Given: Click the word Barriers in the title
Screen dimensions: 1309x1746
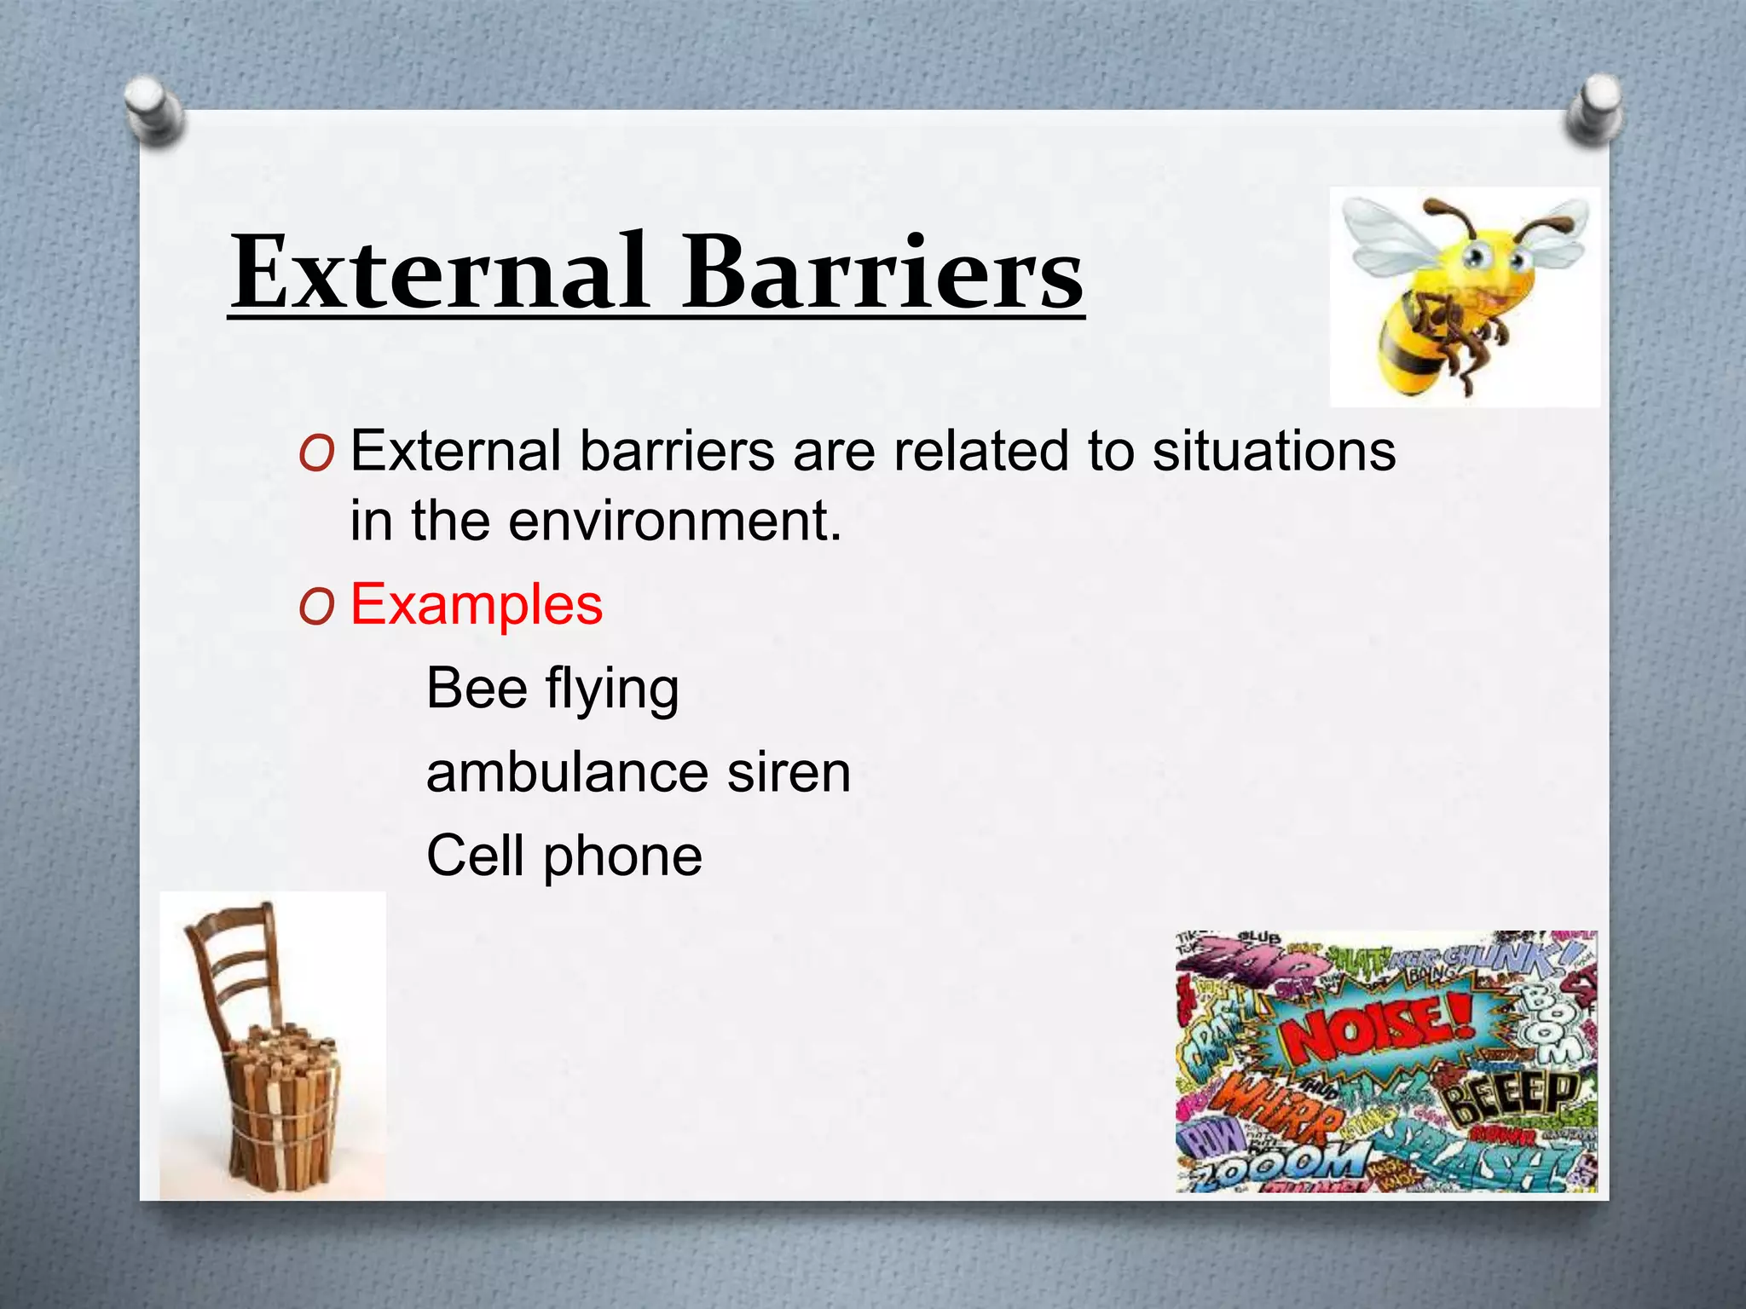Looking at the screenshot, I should [x=882, y=273].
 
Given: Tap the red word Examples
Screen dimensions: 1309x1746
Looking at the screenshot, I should [x=477, y=605].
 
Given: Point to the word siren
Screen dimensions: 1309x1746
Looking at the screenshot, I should [x=789, y=773].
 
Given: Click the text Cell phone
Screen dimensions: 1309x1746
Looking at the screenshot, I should [x=564, y=856].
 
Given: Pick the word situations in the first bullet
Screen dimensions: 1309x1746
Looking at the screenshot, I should [x=1274, y=451].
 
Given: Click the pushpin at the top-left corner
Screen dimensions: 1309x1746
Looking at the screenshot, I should [x=153, y=108].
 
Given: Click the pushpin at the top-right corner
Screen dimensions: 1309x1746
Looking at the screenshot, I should [x=1593, y=108].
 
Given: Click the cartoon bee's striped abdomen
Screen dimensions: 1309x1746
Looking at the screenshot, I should [x=1407, y=354].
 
